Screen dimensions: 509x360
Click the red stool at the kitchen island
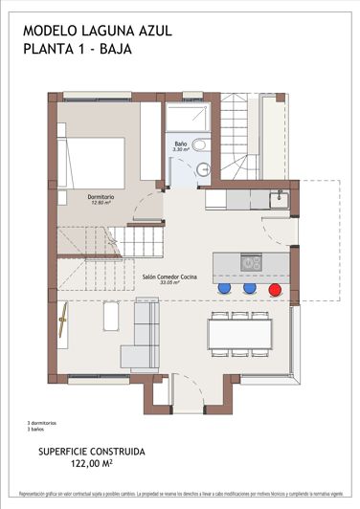[x=275, y=287]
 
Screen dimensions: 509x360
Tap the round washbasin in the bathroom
[x=199, y=144]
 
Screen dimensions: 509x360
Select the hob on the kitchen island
[x=252, y=261]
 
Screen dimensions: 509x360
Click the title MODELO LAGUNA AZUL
[x=98, y=31]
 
